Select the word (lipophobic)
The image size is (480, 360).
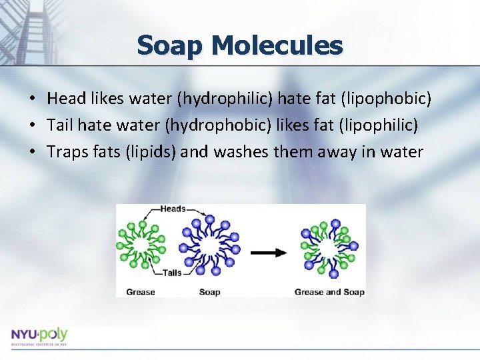point(385,99)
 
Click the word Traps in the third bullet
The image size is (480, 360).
point(65,152)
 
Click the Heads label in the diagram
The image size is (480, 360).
point(173,209)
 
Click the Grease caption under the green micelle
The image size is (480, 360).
point(140,291)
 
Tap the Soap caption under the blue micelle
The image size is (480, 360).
point(209,291)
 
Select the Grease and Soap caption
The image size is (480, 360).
point(329,291)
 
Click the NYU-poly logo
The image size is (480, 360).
point(39,335)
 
